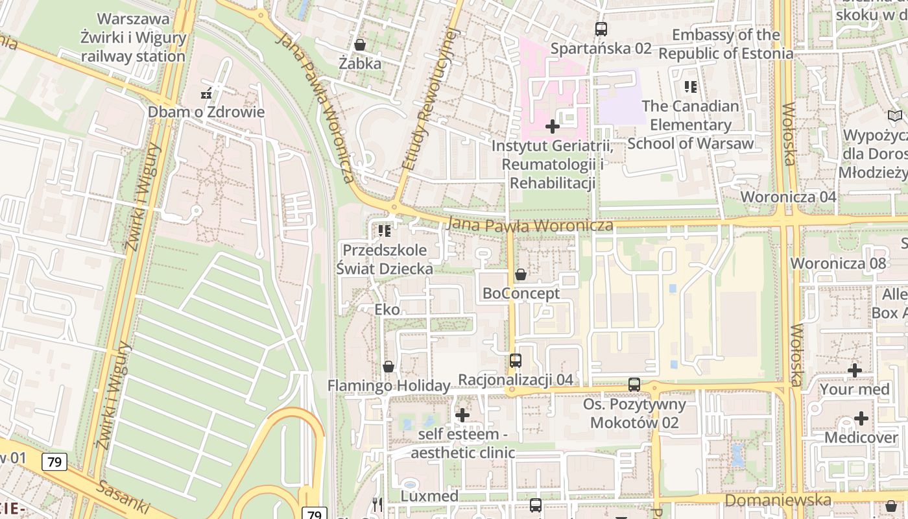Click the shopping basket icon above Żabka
click(360, 45)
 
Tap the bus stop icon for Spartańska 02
click(601, 29)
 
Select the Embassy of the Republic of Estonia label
click(726, 44)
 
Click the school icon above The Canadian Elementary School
click(691, 86)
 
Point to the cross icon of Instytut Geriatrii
click(553, 126)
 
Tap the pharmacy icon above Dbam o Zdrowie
click(206, 93)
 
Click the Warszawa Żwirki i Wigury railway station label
click(133, 38)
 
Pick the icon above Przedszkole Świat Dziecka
click(385, 230)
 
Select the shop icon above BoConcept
click(520, 274)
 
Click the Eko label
click(387, 309)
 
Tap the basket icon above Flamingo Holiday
click(388, 367)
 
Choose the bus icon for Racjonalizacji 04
click(516, 361)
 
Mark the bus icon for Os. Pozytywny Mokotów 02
click(634, 385)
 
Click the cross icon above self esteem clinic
click(462, 415)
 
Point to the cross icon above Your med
click(855, 370)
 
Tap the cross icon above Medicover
click(861, 418)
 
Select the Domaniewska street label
click(778, 500)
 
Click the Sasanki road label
click(123, 498)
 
